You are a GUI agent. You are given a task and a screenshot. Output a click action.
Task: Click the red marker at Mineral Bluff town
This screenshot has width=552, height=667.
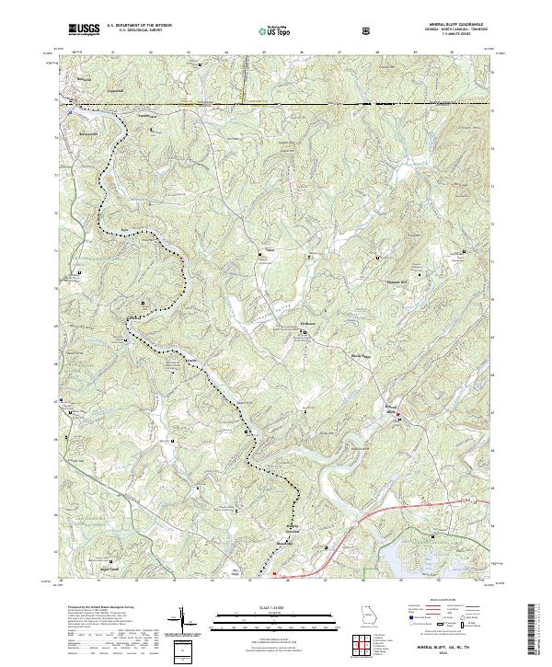tap(398, 419)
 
